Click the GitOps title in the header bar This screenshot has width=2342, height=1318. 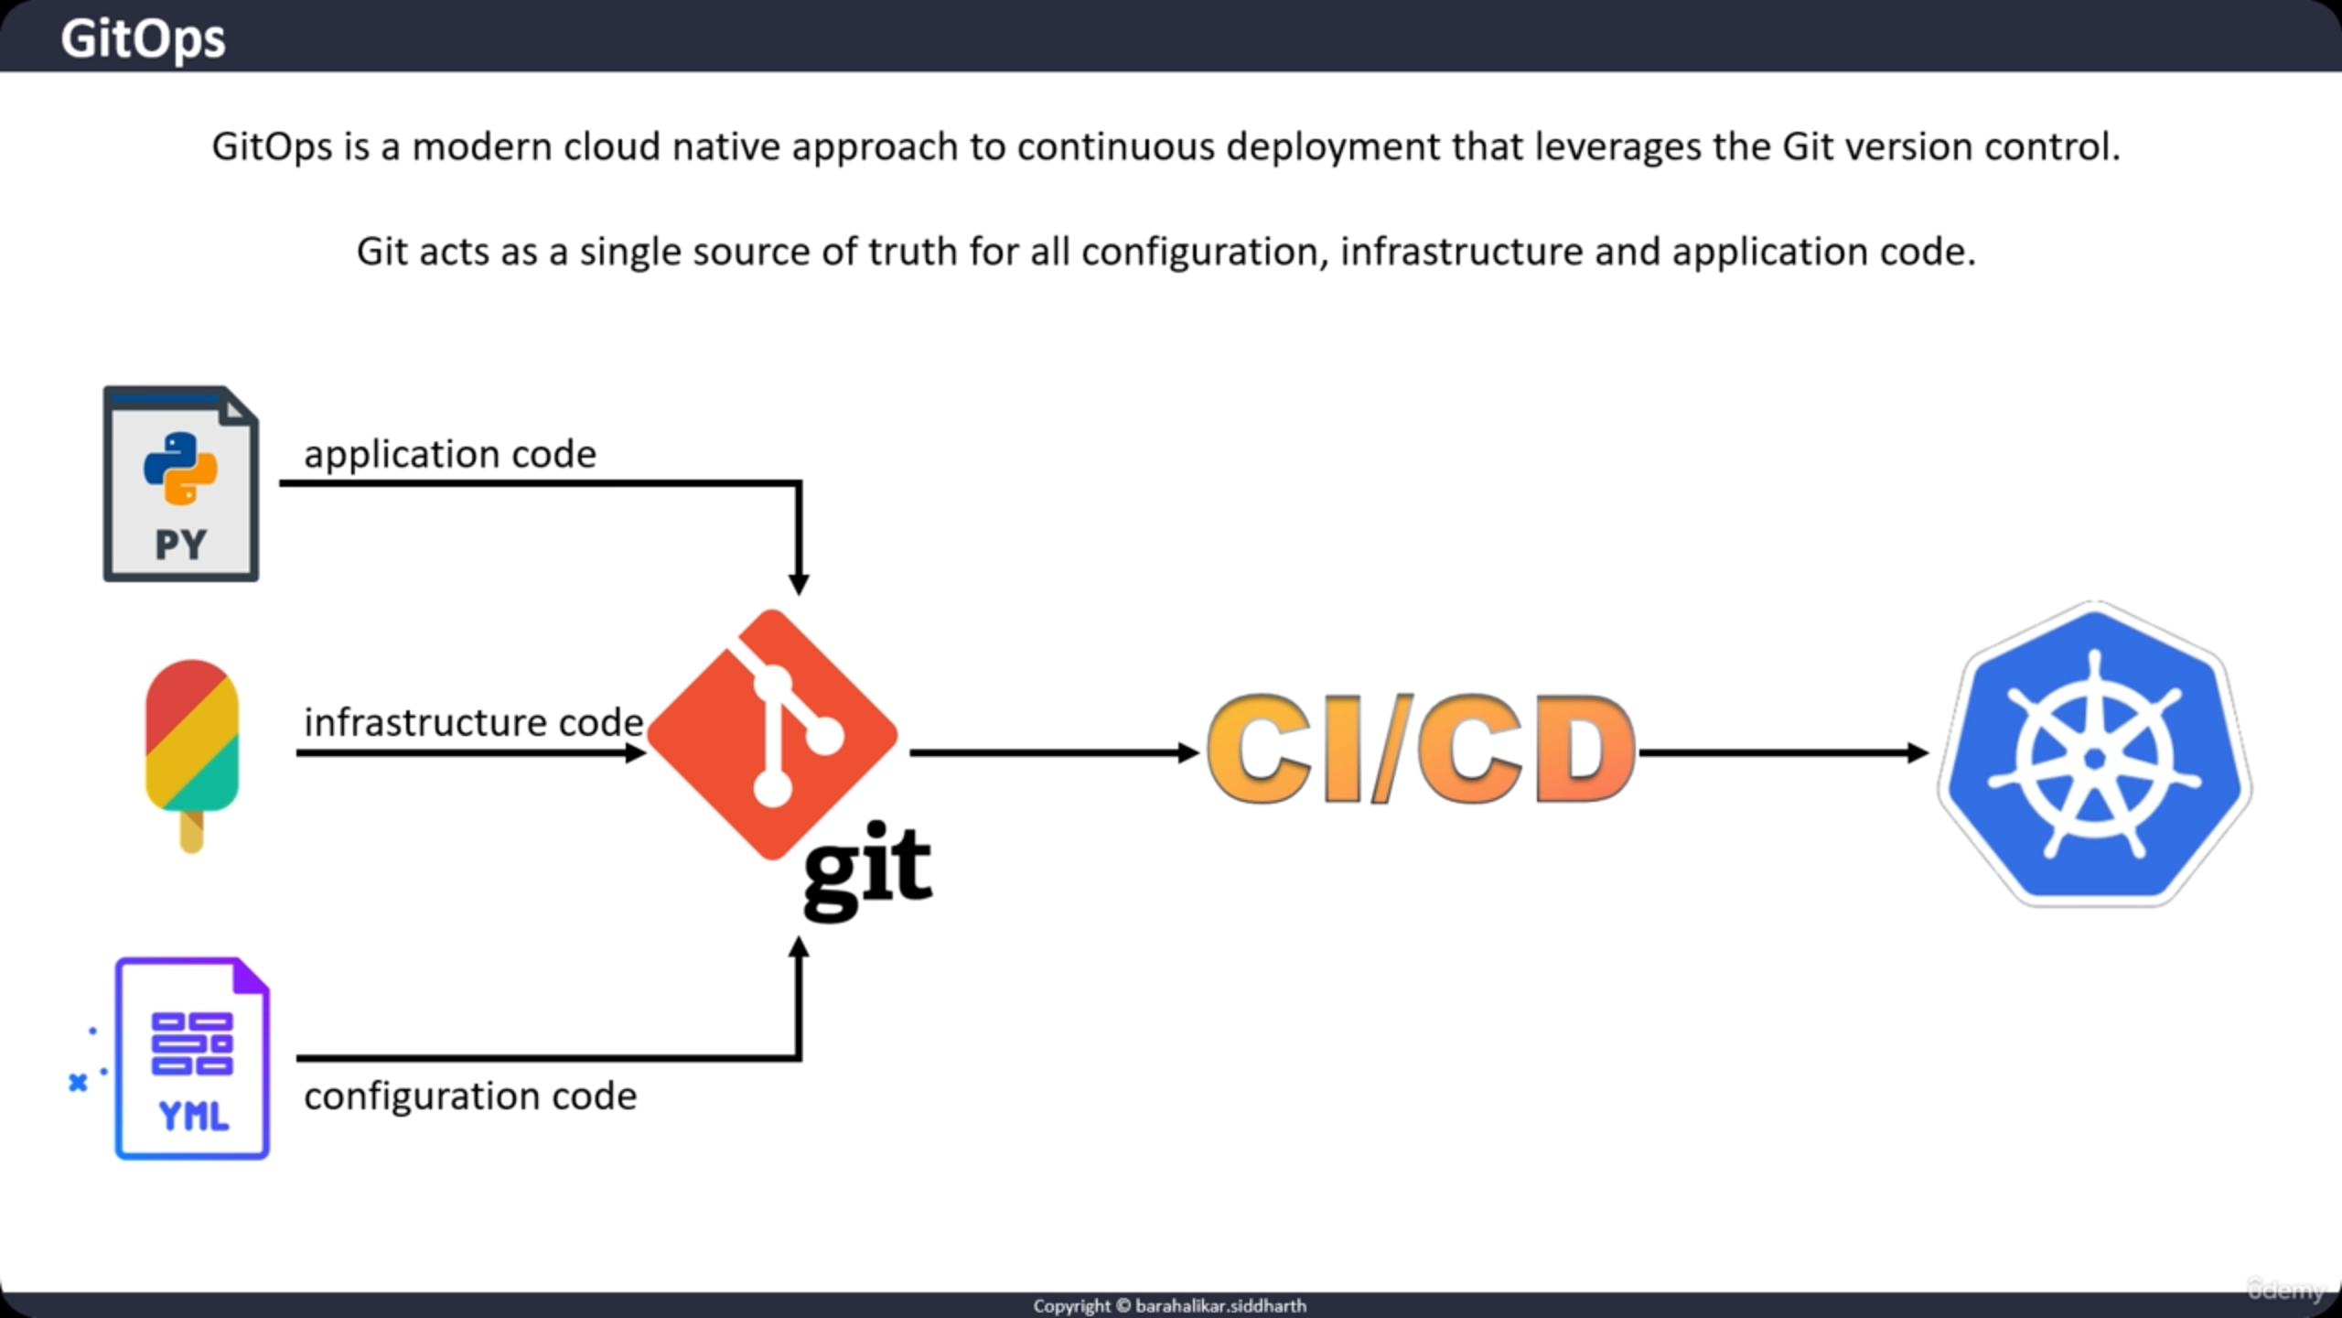143,38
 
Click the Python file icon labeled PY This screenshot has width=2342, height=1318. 181,484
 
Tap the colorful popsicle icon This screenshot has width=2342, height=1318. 191,737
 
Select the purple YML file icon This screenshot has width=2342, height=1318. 192,1059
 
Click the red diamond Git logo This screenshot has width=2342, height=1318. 771,732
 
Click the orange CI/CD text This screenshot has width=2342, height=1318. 1420,749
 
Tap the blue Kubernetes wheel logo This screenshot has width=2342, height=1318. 2095,755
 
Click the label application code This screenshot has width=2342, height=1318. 449,454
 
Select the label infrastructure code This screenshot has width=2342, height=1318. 473,722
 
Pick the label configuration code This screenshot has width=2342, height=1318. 470,1096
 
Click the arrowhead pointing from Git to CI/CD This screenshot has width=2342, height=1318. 1187,753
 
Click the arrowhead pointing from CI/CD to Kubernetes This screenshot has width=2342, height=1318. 1918,753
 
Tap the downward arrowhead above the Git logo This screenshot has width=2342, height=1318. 799,584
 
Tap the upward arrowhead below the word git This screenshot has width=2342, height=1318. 799,948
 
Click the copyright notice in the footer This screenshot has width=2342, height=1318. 1170,1306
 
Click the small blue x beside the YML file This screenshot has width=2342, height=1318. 78,1083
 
